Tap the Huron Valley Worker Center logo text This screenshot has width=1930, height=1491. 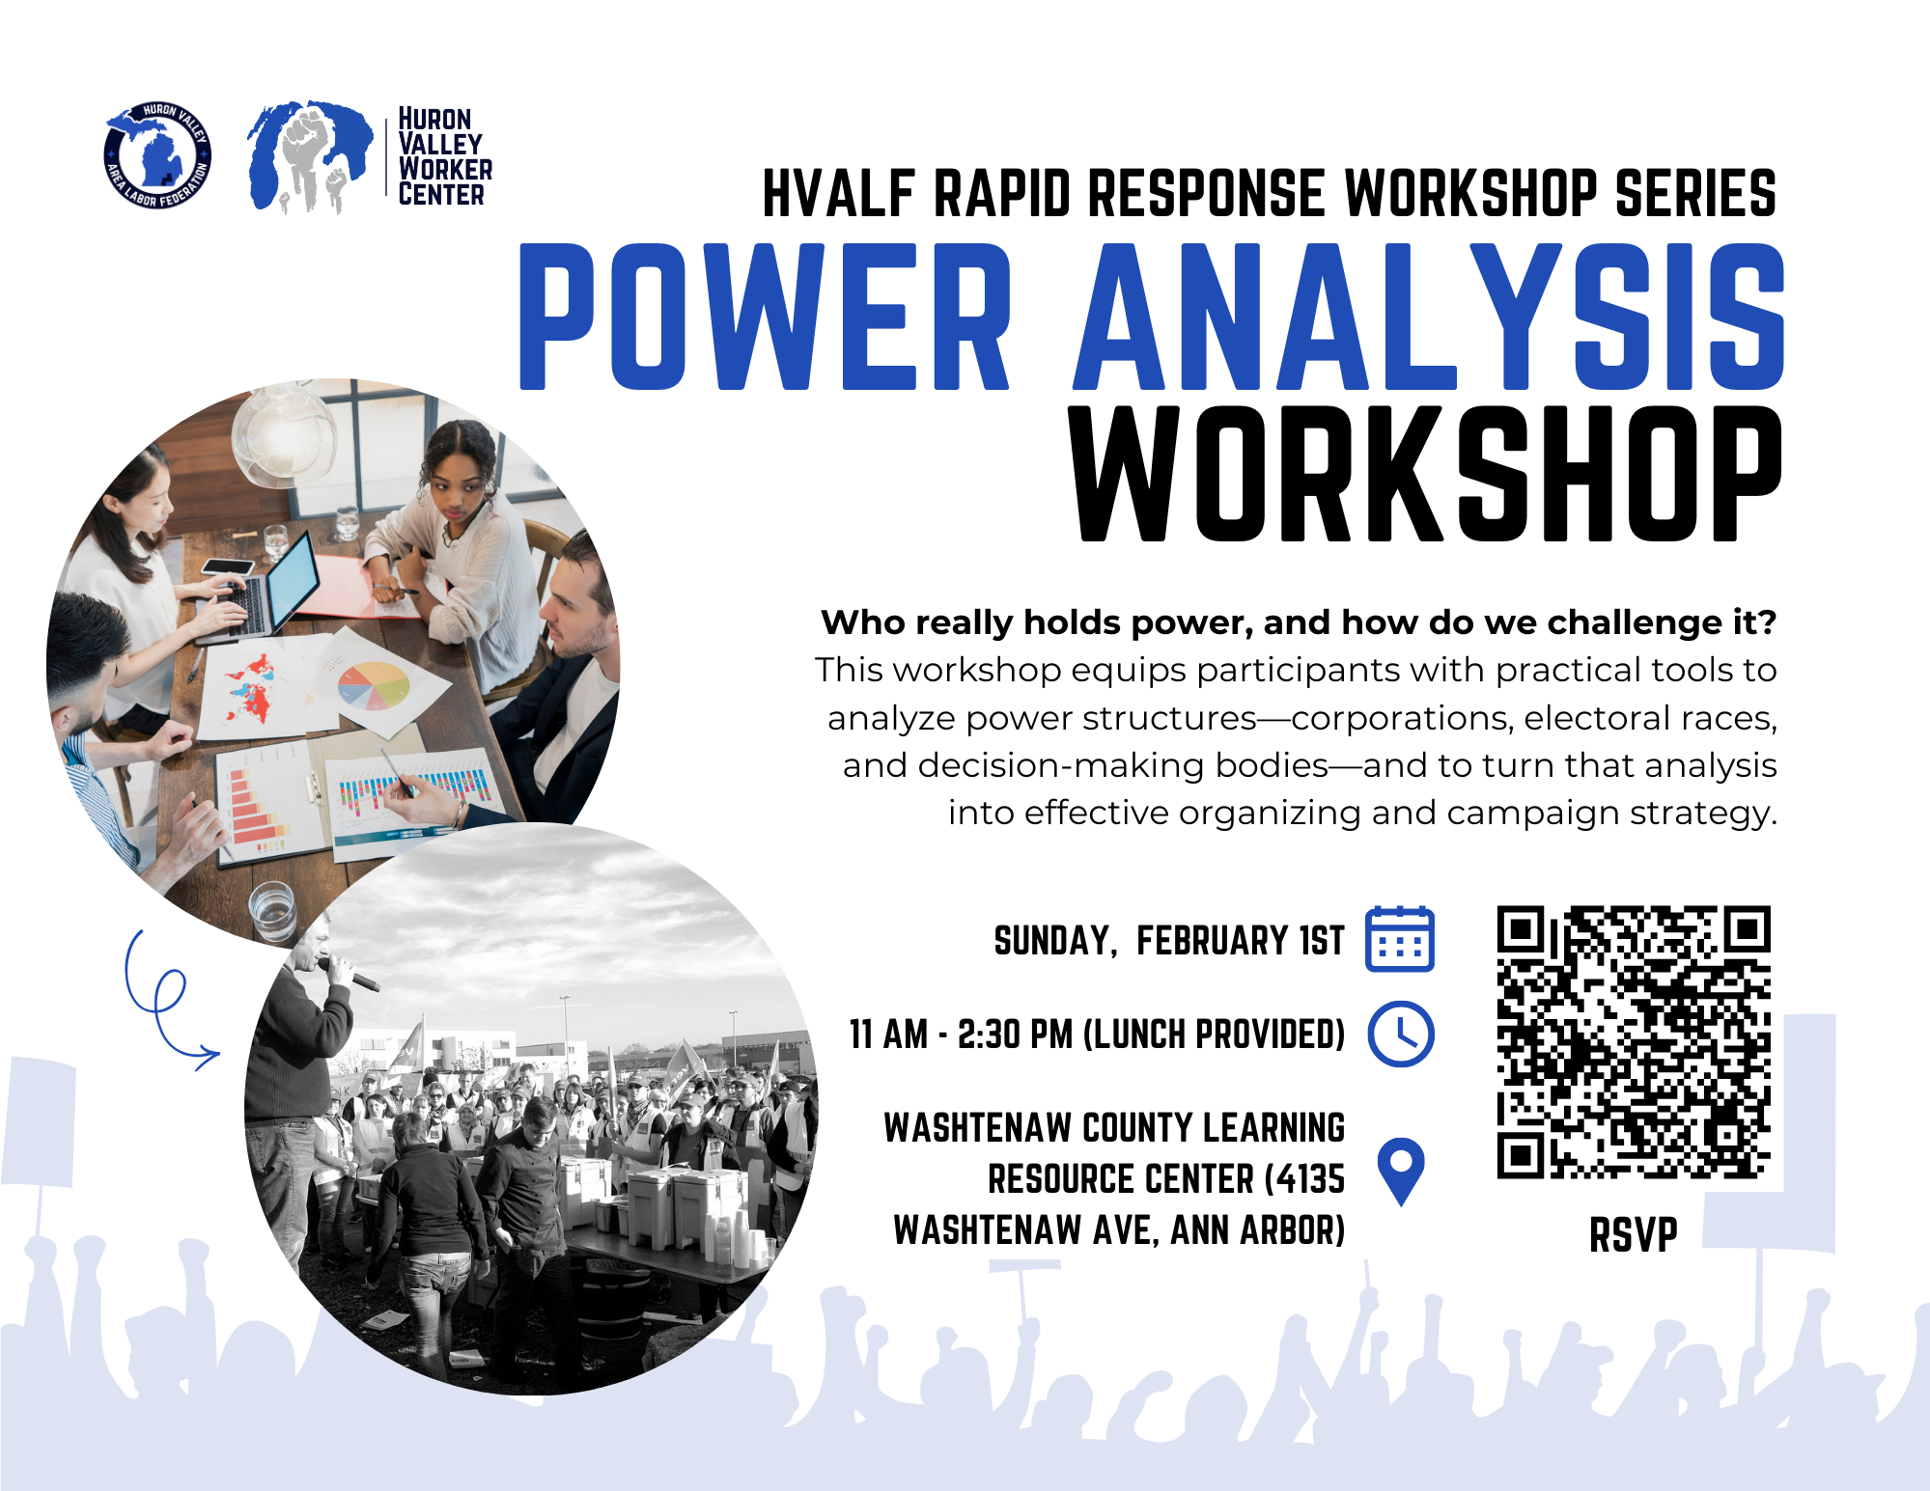(x=445, y=156)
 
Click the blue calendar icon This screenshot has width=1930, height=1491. (x=1400, y=939)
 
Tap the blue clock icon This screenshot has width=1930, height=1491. (x=1401, y=1035)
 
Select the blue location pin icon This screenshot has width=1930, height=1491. (x=1401, y=1172)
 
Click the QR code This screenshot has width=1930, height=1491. (x=1634, y=1042)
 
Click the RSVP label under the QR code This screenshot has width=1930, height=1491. (x=1634, y=1235)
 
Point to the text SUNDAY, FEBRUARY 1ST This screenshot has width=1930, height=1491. (x=1169, y=941)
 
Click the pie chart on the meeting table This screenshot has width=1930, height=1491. (x=374, y=684)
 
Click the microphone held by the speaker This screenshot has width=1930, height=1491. (x=353, y=976)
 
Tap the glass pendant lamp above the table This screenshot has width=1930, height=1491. (x=283, y=434)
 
